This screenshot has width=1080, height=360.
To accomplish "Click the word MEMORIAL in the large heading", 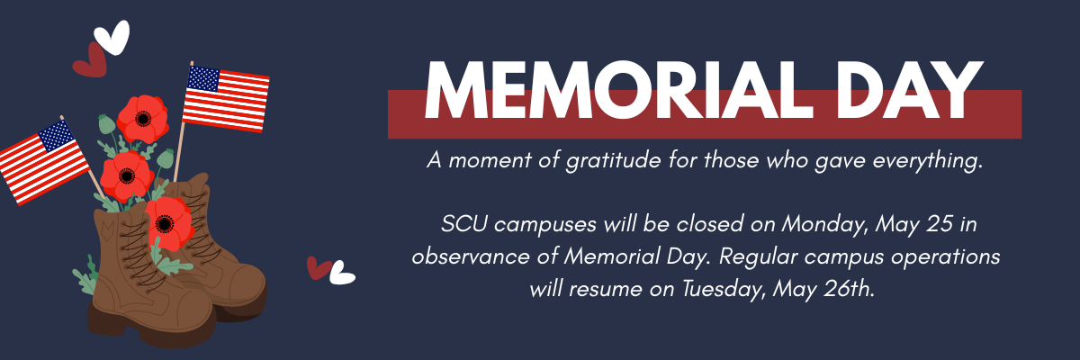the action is (618, 90).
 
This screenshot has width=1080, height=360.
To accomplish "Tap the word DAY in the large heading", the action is (909, 90).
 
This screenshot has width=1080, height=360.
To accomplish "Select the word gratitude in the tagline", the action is (613, 160).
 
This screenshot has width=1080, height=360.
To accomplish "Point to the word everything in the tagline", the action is (928, 160).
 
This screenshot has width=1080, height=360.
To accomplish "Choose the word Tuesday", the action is (723, 290).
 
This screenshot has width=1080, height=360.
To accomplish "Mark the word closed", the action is (710, 224).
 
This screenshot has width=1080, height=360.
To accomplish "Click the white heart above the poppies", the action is (112, 37).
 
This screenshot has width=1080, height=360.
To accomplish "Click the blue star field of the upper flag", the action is (203, 79).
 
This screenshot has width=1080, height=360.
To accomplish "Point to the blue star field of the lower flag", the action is (57, 135).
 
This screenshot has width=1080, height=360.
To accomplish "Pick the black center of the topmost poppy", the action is (143, 118).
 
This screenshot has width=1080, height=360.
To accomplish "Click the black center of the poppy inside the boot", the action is (165, 223).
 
